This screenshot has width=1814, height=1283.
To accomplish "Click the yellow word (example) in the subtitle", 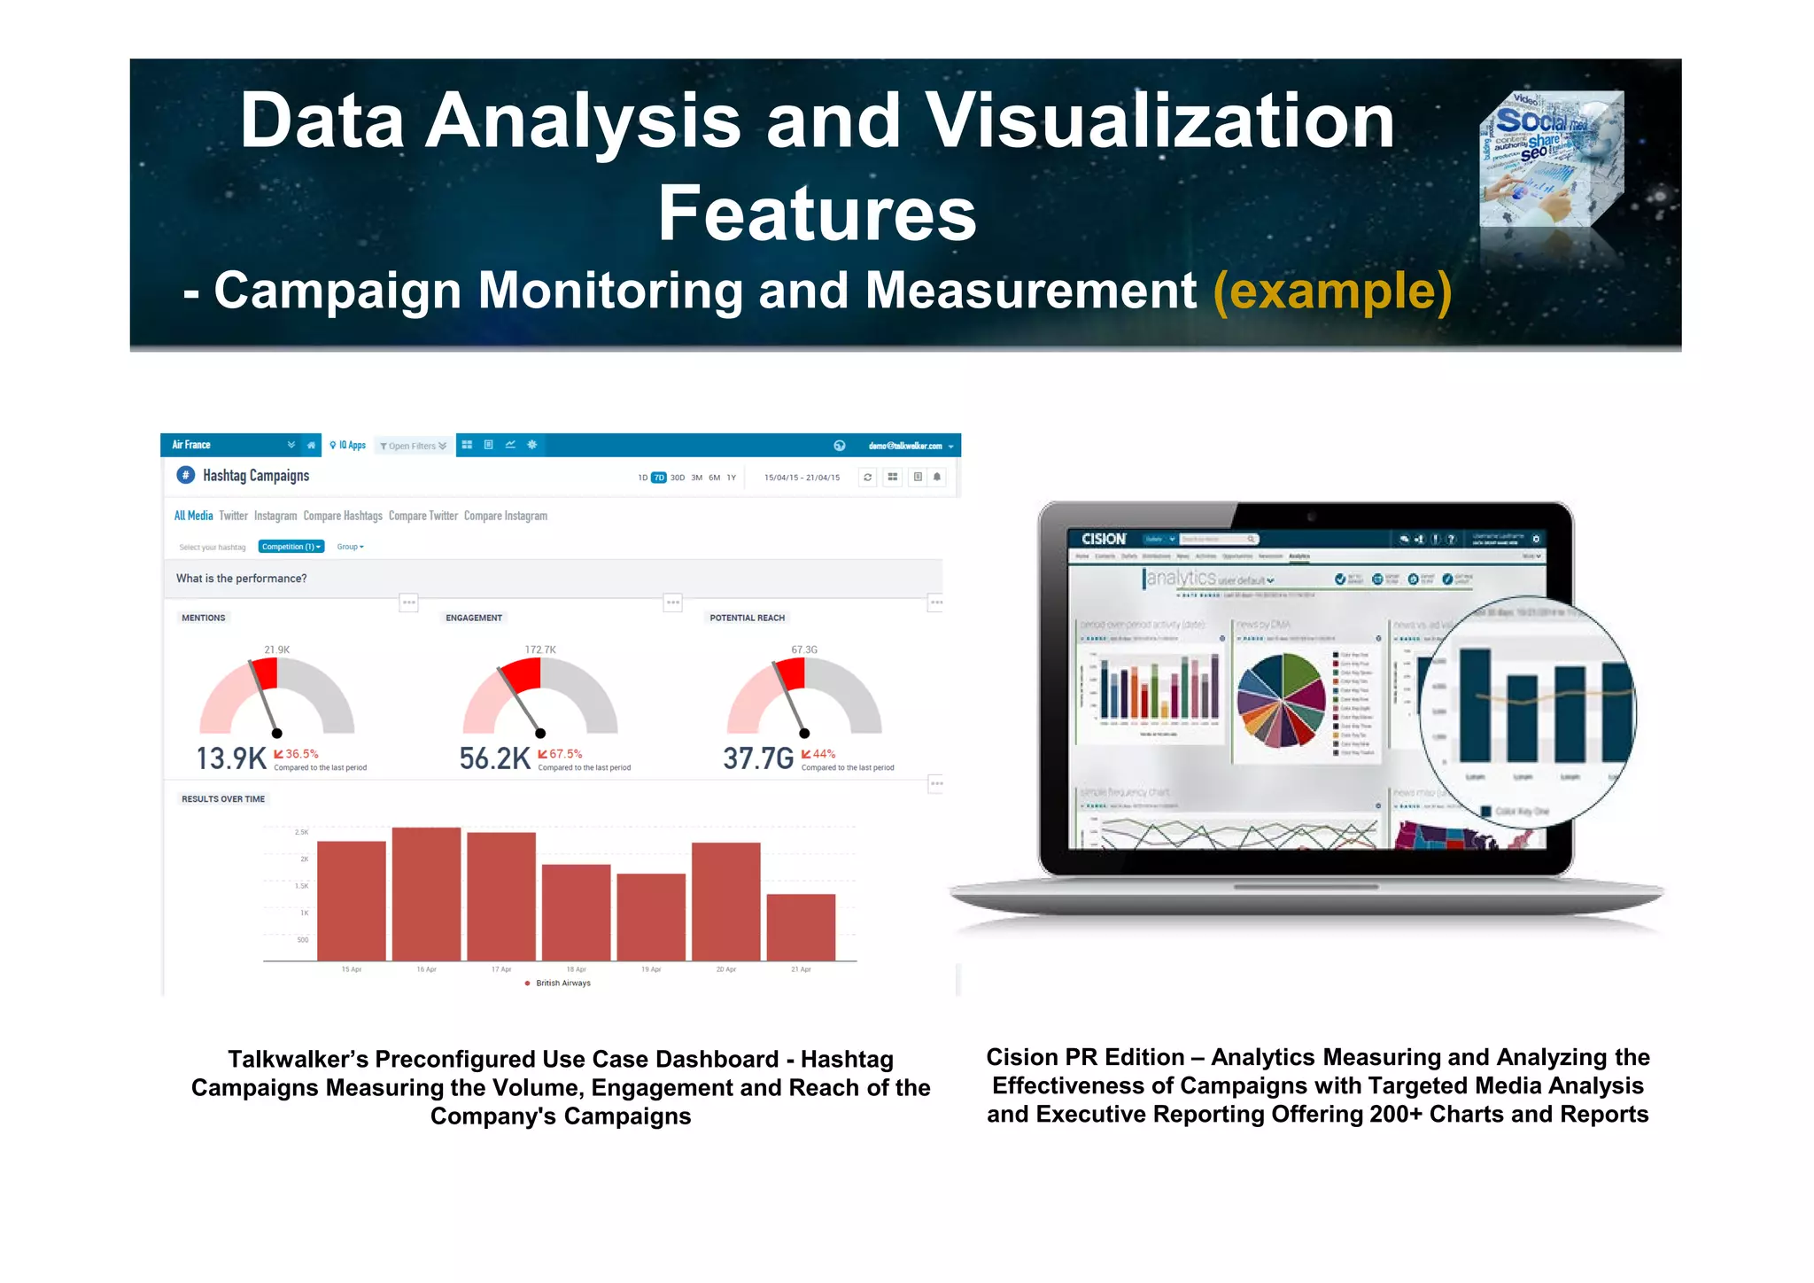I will click(1332, 292).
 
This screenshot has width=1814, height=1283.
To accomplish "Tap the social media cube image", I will click(1551, 159).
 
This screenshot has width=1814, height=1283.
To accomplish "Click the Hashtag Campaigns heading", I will click(255, 476).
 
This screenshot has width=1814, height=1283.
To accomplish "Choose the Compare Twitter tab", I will click(422, 516).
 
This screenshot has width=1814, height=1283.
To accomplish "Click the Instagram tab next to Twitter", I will click(275, 516).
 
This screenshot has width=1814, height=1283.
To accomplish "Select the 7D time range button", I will click(658, 478).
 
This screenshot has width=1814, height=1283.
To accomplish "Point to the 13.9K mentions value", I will click(230, 758).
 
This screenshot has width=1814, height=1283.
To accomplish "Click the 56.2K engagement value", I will click(494, 758).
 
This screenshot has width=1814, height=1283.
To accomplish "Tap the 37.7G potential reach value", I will click(758, 758).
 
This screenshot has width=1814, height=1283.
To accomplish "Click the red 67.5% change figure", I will click(565, 754).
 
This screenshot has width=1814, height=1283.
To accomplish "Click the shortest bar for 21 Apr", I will click(801, 927).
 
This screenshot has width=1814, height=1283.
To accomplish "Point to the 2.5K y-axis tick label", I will click(301, 832).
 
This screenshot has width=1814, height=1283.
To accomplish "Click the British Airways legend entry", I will click(562, 983).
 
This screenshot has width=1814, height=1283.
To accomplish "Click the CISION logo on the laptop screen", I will click(1103, 539).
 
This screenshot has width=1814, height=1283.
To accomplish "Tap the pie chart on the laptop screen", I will click(1280, 700).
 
